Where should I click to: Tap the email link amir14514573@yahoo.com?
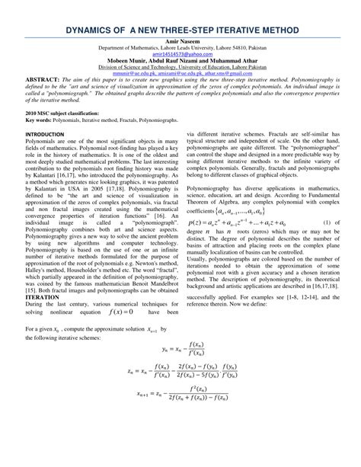[x=180, y=55]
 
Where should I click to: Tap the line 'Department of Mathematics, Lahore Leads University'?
[x=180, y=48]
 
